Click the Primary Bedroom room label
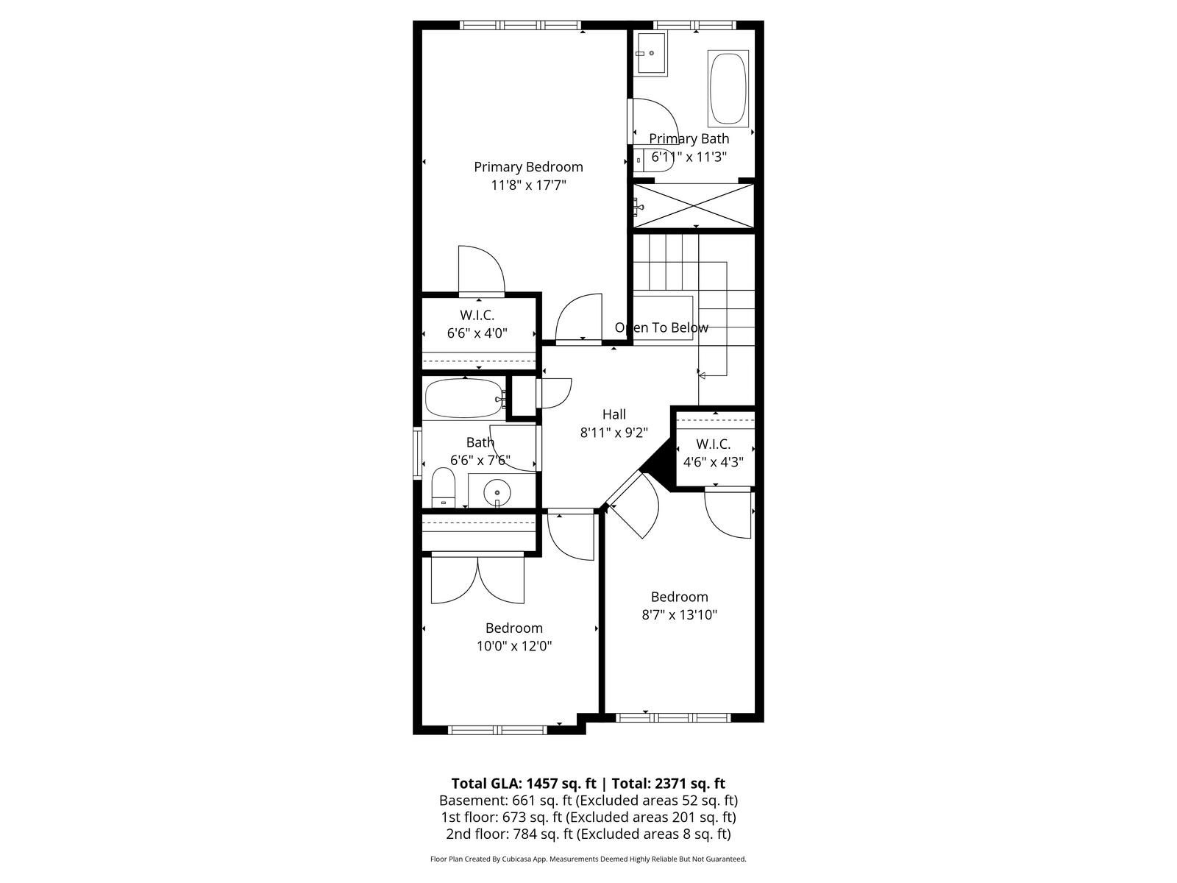coord(528,167)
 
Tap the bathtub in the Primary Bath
coord(728,88)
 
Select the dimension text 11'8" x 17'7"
coord(528,185)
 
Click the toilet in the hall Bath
coord(443,487)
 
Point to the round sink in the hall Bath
coord(497,492)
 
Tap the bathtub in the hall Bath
coord(464,398)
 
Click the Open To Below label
coord(661,327)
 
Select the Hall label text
coord(614,414)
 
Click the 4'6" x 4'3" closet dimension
coord(713,461)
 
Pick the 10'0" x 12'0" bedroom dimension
coord(514,646)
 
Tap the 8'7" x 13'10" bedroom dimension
coord(680,614)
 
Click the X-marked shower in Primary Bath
coord(694,207)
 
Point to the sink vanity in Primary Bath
coord(650,53)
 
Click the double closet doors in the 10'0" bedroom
coord(477,580)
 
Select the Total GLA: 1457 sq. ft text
coord(523,784)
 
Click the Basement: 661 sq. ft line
coord(588,801)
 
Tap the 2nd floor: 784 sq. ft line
coord(588,834)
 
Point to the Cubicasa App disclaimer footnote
coord(588,859)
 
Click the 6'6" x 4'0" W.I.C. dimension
coord(477,333)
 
